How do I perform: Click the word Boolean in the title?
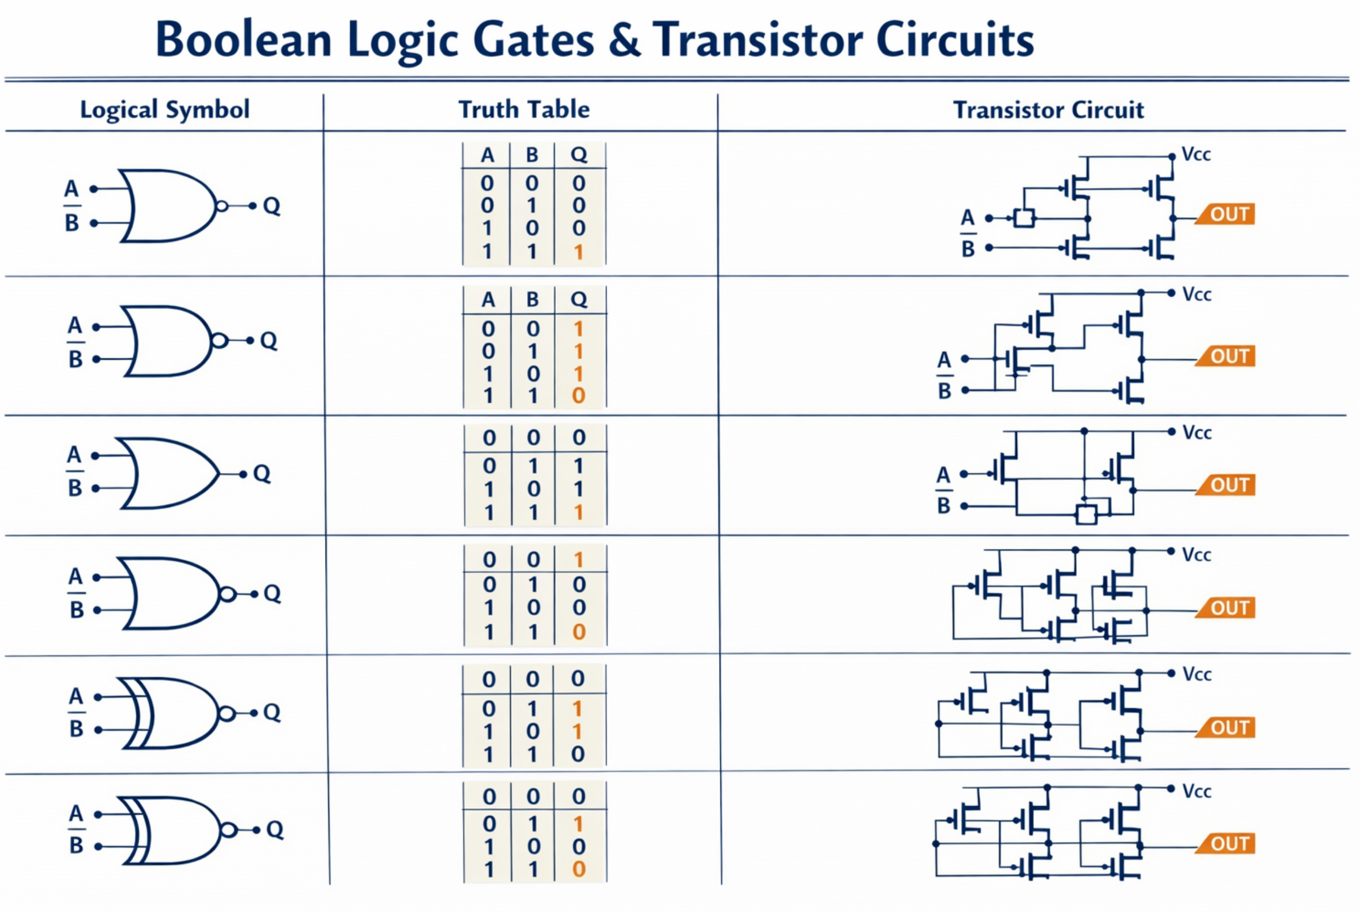pos(243,39)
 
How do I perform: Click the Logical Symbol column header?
pos(164,109)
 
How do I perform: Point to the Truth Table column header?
pos(524,109)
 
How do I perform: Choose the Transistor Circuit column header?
pos(1048,110)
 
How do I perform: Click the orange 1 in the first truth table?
pos(578,252)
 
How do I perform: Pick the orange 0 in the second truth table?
pos(578,396)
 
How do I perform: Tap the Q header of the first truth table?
pos(579,155)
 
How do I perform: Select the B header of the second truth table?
pos(532,299)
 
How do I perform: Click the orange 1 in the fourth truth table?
pos(578,560)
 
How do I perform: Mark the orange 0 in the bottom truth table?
pos(578,869)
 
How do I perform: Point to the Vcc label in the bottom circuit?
pos(1197,791)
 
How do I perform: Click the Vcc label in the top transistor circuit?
pos(1196,155)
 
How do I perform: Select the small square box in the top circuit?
pos(1024,218)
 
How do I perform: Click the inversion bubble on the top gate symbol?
pos(221,206)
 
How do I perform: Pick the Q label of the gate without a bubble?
pos(262,474)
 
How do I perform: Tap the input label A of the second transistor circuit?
pos(944,359)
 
